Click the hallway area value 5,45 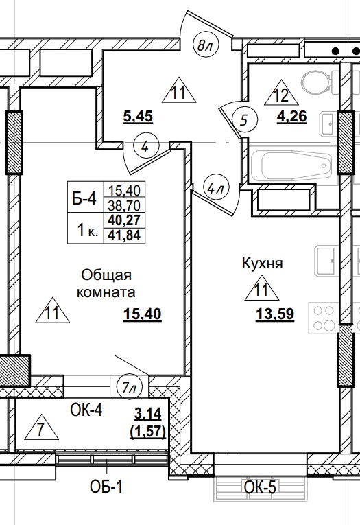click(137, 117)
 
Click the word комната click(107, 292)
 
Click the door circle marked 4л click(216, 186)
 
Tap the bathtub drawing click(291, 165)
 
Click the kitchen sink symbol click(324, 259)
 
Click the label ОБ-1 click(107, 488)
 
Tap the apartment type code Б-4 click(84, 199)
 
